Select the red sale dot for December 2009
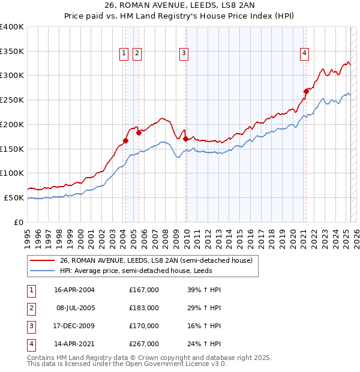point(185,139)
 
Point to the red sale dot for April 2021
point(305,91)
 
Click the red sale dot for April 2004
point(125,140)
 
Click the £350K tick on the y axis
point(13,51)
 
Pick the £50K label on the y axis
point(15,197)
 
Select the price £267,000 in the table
point(144,344)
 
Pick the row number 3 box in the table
point(31,326)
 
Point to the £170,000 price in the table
point(144,326)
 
